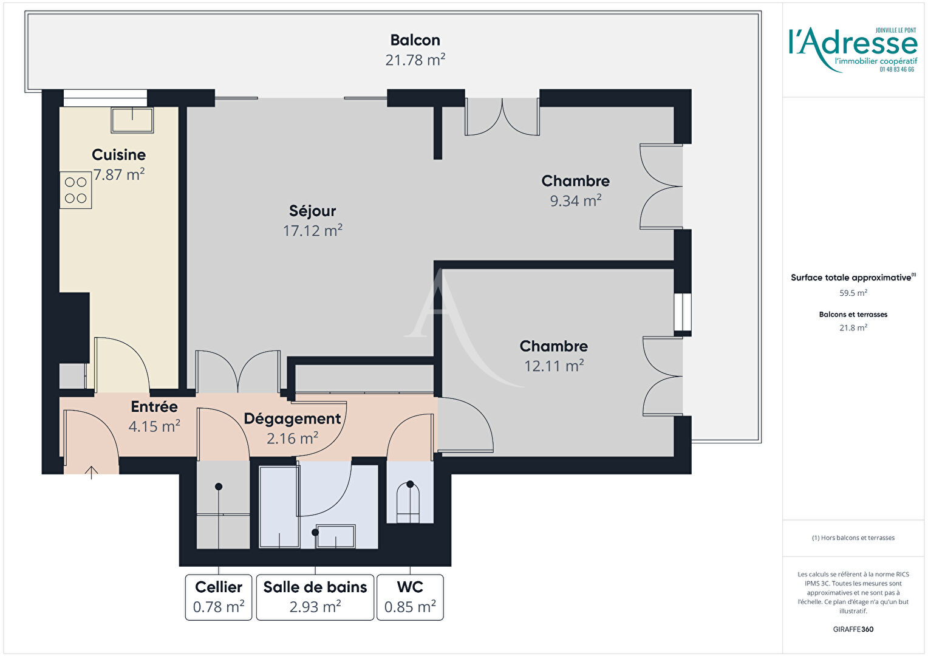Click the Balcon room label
[x=415, y=40]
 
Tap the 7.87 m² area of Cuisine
[x=119, y=175]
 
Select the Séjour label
[x=312, y=211]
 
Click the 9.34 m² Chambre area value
[x=575, y=200]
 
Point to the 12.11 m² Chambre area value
[x=554, y=366]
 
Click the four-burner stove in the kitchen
[x=76, y=190]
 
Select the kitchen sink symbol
[x=132, y=120]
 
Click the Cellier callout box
[x=219, y=597]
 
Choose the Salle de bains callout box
[x=315, y=597]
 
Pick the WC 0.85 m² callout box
[x=410, y=597]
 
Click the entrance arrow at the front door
[x=92, y=471]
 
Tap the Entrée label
[x=154, y=406]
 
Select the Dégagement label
[x=292, y=419]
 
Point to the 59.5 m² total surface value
[x=853, y=293]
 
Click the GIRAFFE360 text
[x=853, y=629]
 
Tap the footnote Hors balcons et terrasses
[x=853, y=538]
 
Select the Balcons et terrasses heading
[x=853, y=314]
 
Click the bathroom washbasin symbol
[x=335, y=536]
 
